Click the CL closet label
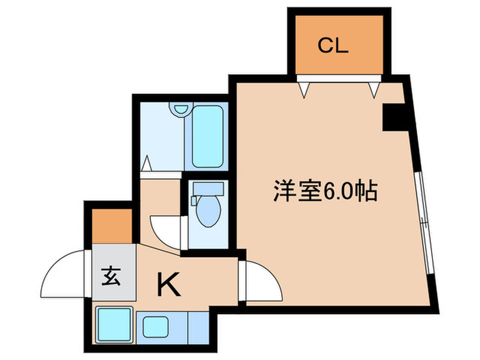333,47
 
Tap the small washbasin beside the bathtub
180,109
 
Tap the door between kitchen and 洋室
259,278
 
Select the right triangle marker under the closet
374,88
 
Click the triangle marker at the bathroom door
147,165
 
